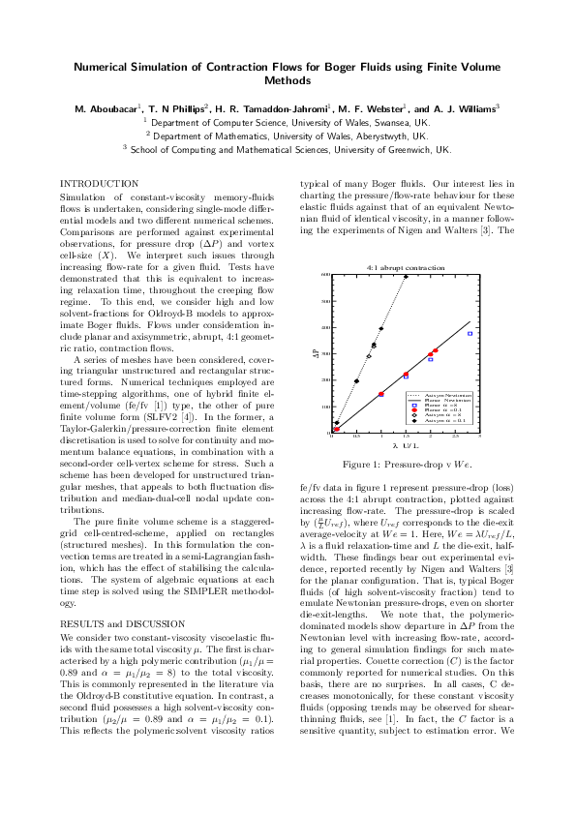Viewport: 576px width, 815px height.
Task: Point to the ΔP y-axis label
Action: coord(315,355)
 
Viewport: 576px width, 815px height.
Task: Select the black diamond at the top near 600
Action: coord(406,276)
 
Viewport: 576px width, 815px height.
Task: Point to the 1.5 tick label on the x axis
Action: coord(406,438)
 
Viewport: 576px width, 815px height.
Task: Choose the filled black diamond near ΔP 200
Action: coord(356,381)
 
